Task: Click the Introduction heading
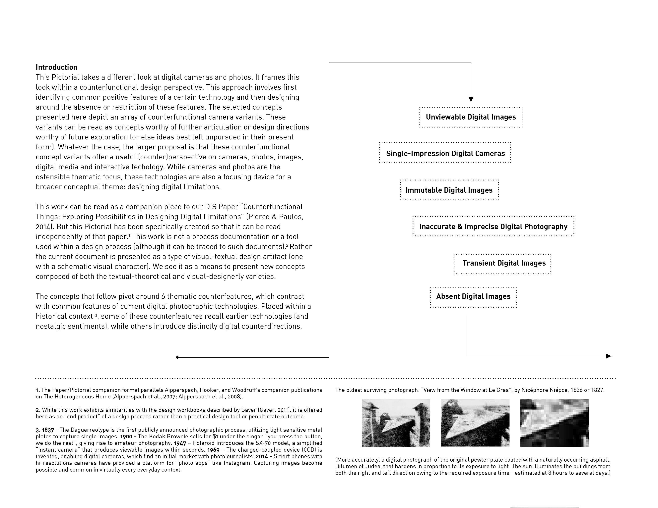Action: click(56, 67)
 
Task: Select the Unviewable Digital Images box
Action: click(471, 117)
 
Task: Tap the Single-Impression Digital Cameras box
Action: click(445, 153)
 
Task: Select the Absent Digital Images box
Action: click(473, 296)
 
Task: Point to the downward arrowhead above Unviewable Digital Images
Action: click(471, 99)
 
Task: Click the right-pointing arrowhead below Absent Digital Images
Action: click(608, 356)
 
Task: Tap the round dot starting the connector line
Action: click(177, 357)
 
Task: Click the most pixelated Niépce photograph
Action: click(554, 423)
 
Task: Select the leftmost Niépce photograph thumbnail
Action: click(396, 423)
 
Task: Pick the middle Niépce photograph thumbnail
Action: click(475, 423)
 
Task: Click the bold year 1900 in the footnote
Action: click(126, 436)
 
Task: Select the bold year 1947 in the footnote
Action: click(180, 443)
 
